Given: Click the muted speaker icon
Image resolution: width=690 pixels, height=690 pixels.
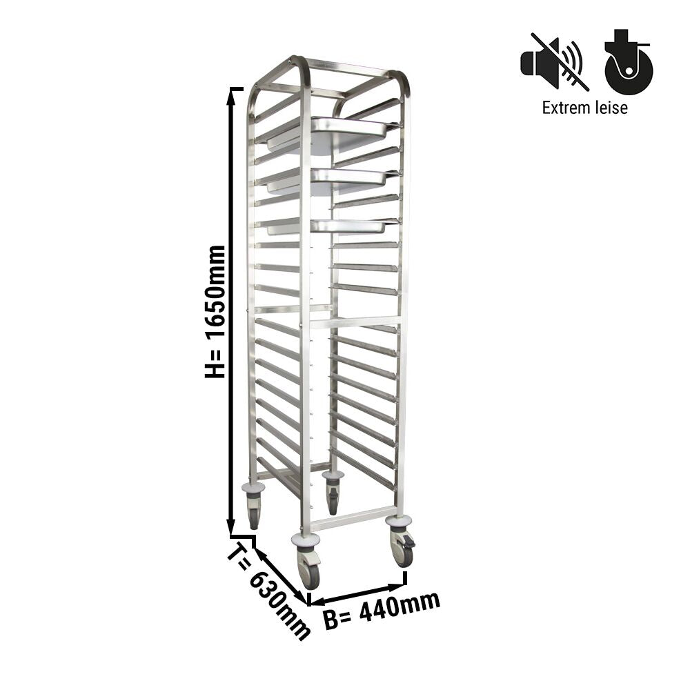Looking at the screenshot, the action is [552, 61].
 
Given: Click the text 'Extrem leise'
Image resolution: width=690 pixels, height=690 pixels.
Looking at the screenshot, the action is [585, 108].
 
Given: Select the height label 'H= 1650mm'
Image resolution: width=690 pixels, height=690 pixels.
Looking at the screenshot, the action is [215, 312].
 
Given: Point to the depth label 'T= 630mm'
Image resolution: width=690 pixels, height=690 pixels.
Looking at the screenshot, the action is [269, 593].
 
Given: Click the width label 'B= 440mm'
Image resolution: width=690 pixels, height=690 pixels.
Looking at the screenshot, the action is [382, 611].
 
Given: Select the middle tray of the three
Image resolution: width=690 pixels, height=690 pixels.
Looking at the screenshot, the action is [328, 179].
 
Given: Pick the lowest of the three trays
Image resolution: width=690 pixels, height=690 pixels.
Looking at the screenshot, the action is [328, 226].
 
